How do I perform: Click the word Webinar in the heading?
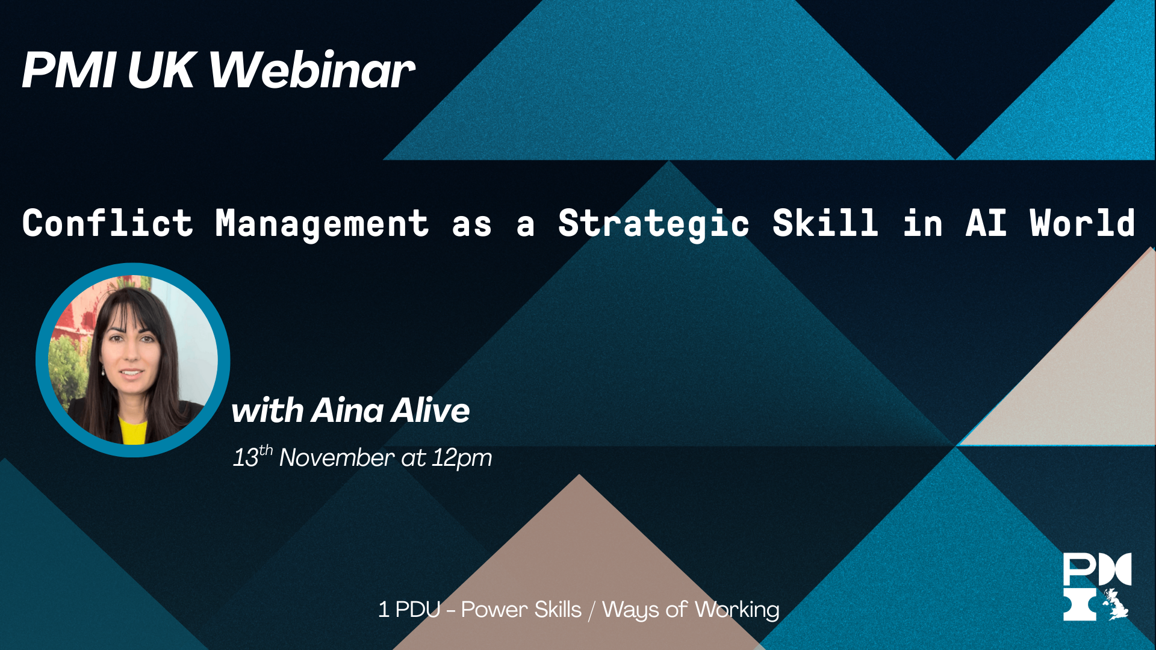point(312,70)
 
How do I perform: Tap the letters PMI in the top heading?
point(69,70)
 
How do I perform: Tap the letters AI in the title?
point(986,223)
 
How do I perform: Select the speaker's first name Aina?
point(347,410)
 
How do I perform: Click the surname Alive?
point(430,410)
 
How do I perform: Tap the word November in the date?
point(337,458)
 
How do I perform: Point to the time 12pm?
point(462,459)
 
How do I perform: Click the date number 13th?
point(253,457)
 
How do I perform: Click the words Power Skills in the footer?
point(521,610)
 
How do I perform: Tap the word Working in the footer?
point(737,610)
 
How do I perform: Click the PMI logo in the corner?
point(1097,587)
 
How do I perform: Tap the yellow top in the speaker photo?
point(133,431)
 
